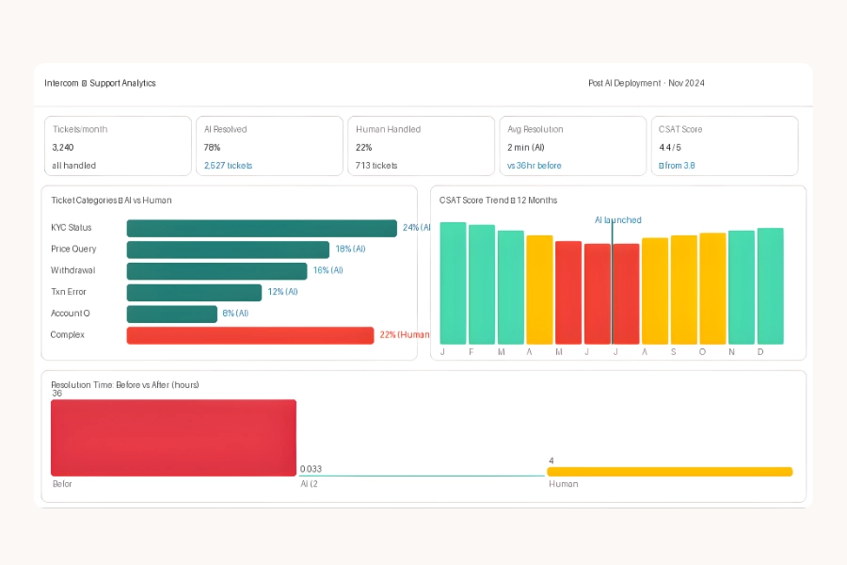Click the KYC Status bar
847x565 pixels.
click(x=262, y=228)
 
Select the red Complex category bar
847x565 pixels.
click(x=250, y=335)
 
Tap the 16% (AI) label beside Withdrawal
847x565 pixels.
click(x=328, y=270)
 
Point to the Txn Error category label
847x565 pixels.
click(x=69, y=292)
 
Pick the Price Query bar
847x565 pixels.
click(x=228, y=250)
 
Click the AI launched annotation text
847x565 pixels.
click(x=617, y=220)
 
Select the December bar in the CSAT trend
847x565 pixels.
click(x=770, y=286)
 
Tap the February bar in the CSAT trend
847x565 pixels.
click(x=482, y=284)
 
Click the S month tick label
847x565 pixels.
click(x=673, y=352)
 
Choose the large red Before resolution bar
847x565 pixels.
click(x=173, y=438)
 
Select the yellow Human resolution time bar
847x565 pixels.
click(x=669, y=472)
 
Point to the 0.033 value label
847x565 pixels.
click(x=311, y=468)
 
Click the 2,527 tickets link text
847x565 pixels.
click(x=228, y=166)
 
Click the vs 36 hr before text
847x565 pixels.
click(x=534, y=166)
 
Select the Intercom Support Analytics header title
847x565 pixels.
click(x=100, y=83)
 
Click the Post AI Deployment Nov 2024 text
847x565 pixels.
click(x=646, y=83)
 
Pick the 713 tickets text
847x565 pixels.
click(x=376, y=166)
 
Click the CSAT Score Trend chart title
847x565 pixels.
click(x=498, y=201)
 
